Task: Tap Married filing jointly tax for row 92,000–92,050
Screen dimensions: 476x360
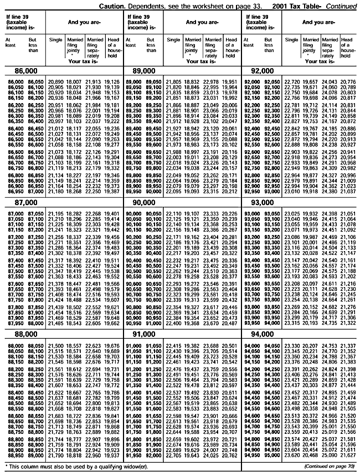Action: coord(312,81)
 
